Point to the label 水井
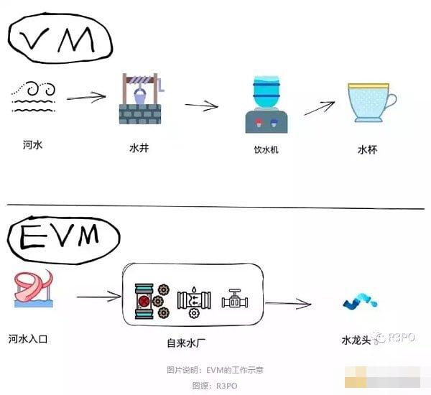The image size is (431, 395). point(139,149)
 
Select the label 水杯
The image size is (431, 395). point(367,150)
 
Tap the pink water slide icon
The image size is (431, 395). point(33,290)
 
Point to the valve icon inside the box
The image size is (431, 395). point(234,299)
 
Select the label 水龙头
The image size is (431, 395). point(357,338)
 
